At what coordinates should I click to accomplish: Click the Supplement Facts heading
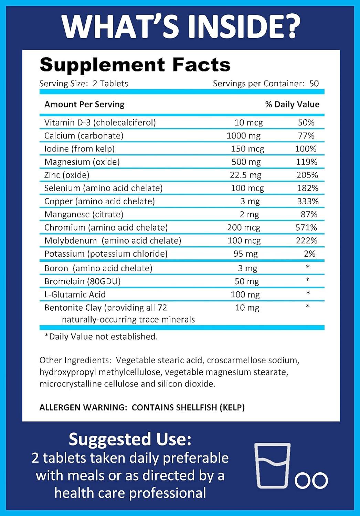(135, 65)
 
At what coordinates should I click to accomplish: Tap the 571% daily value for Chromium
(306, 227)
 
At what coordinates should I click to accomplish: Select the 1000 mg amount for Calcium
(243, 136)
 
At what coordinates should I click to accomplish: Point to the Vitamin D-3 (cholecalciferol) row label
(100, 122)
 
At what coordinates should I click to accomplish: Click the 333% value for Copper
(308, 201)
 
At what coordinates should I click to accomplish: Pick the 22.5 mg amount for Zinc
(245, 175)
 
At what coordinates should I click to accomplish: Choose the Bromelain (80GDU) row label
(82, 281)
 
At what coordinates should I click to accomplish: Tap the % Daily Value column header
(292, 104)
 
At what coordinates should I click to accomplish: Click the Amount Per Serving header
(84, 104)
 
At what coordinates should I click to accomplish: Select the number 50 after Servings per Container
(314, 84)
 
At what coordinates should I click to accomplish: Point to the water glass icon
(273, 466)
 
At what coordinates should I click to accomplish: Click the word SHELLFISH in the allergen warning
(196, 407)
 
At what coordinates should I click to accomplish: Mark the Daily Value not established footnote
(101, 336)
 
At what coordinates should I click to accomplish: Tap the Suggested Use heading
(130, 439)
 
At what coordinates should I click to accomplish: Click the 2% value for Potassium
(310, 254)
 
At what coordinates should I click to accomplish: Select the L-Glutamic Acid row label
(75, 294)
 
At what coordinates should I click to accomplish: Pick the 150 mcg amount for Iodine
(247, 149)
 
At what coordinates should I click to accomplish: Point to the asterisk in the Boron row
(308, 267)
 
